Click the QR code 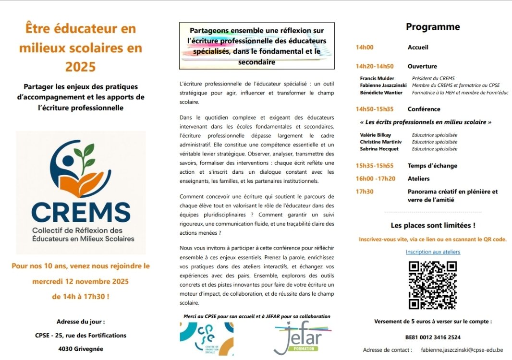pyautogui.click(x=432, y=285)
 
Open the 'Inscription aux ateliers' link pyautogui.click(x=433, y=252)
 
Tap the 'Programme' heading pyautogui.click(x=433, y=27)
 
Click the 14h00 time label pyautogui.click(x=365, y=48)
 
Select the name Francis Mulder pyautogui.click(x=377, y=78)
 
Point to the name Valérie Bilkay pyautogui.click(x=376, y=135)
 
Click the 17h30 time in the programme pyautogui.click(x=365, y=192)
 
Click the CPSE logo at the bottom pyautogui.click(x=206, y=338)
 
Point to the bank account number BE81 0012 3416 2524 pyautogui.click(x=433, y=337)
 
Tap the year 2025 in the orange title pyautogui.click(x=81, y=66)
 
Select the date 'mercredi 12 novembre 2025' pyautogui.click(x=81, y=281)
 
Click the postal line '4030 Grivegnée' pyautogui.click(x=81, y=349)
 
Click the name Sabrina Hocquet pyautogui.click(x=379, y=149)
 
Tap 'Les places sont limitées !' pyautogui.click(x=433, y=225)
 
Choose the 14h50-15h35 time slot pyautogui.click(x=375, y=109)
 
